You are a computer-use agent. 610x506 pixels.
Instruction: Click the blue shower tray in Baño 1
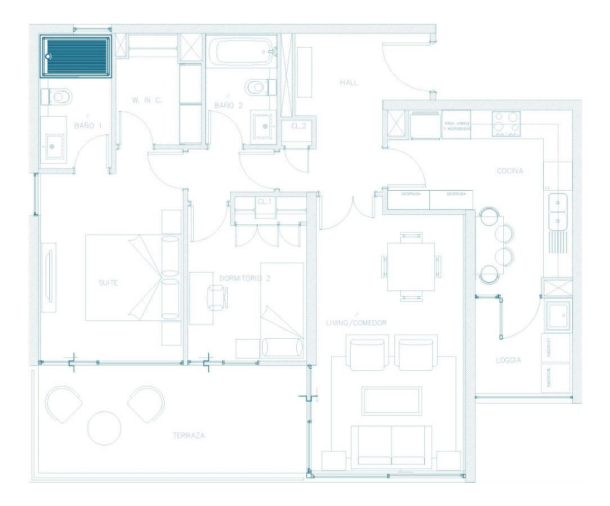[77, 56]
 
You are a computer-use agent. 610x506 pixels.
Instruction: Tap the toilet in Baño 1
[59, 96]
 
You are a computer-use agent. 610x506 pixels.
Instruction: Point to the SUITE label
[107, 283]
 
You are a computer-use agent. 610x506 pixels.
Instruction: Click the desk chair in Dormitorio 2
[218, 296]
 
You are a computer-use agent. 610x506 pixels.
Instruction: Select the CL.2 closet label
[298, 125]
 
